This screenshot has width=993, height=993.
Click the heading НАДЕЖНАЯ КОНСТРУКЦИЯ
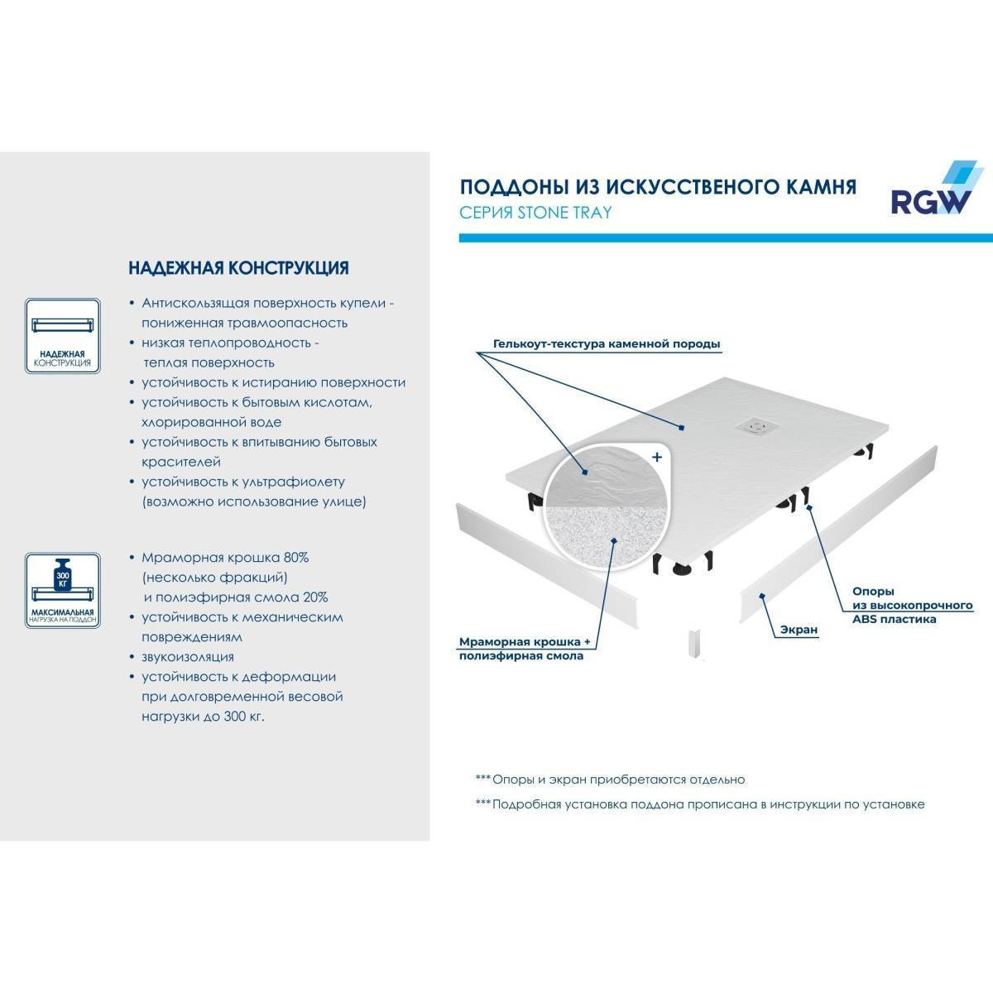point(238,268)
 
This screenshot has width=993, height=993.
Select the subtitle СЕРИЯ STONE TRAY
point(535,213)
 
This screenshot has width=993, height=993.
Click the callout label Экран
point(799,629)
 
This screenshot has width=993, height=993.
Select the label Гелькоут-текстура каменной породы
point(607,343)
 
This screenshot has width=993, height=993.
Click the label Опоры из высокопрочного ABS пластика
point(913,605)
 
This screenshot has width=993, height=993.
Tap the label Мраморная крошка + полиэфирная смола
point(525,649)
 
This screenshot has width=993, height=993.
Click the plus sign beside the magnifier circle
point(656,457)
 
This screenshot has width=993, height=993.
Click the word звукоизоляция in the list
point(188,657)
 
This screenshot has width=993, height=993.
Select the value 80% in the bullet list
point(295,558)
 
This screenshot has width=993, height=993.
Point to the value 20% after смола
point(314,597)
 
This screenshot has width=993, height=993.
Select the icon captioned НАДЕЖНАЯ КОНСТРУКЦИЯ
point(62,336)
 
